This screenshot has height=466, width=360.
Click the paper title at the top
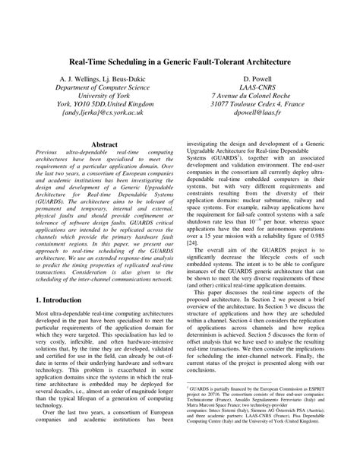coord(180,59)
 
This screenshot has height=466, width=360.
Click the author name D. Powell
coord(257,78)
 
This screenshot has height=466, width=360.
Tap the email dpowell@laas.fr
coord(257,110)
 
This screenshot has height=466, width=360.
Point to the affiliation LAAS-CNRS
coord(257,89)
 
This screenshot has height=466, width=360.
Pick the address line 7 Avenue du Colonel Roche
coord(257,100)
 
